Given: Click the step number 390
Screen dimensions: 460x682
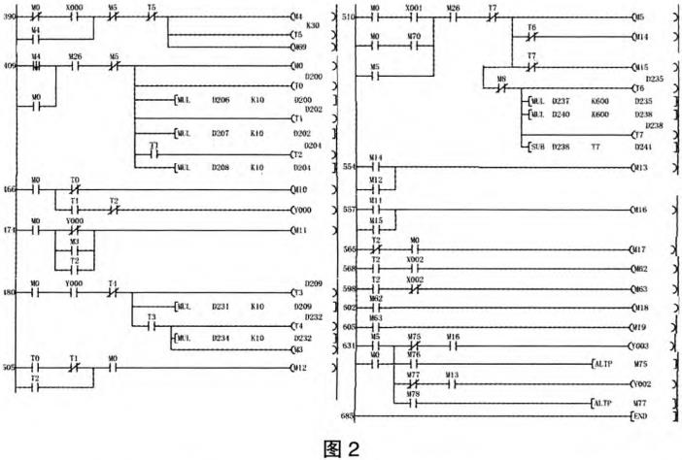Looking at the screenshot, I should coord(9,17).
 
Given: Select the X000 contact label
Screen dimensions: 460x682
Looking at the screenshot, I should coord(75,7).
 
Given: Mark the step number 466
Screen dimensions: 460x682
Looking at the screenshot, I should coord(9,190).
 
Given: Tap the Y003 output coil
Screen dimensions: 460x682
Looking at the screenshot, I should coord(638,345).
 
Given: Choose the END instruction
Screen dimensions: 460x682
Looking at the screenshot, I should coord(639,415).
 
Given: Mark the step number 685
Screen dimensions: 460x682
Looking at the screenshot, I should coord(347,415).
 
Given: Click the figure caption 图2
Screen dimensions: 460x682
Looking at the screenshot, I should coord(341,448).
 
